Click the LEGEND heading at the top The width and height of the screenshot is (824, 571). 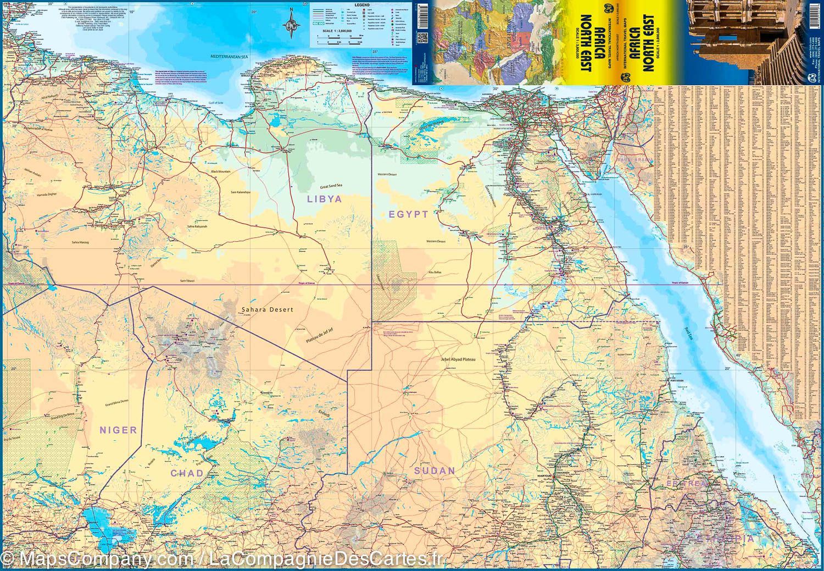point(362,4)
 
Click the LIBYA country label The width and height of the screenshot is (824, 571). point(324,199)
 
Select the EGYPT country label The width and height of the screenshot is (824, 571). point(408,214)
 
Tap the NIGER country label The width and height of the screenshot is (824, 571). point(118,430)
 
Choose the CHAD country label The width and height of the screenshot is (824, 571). point(187,473)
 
